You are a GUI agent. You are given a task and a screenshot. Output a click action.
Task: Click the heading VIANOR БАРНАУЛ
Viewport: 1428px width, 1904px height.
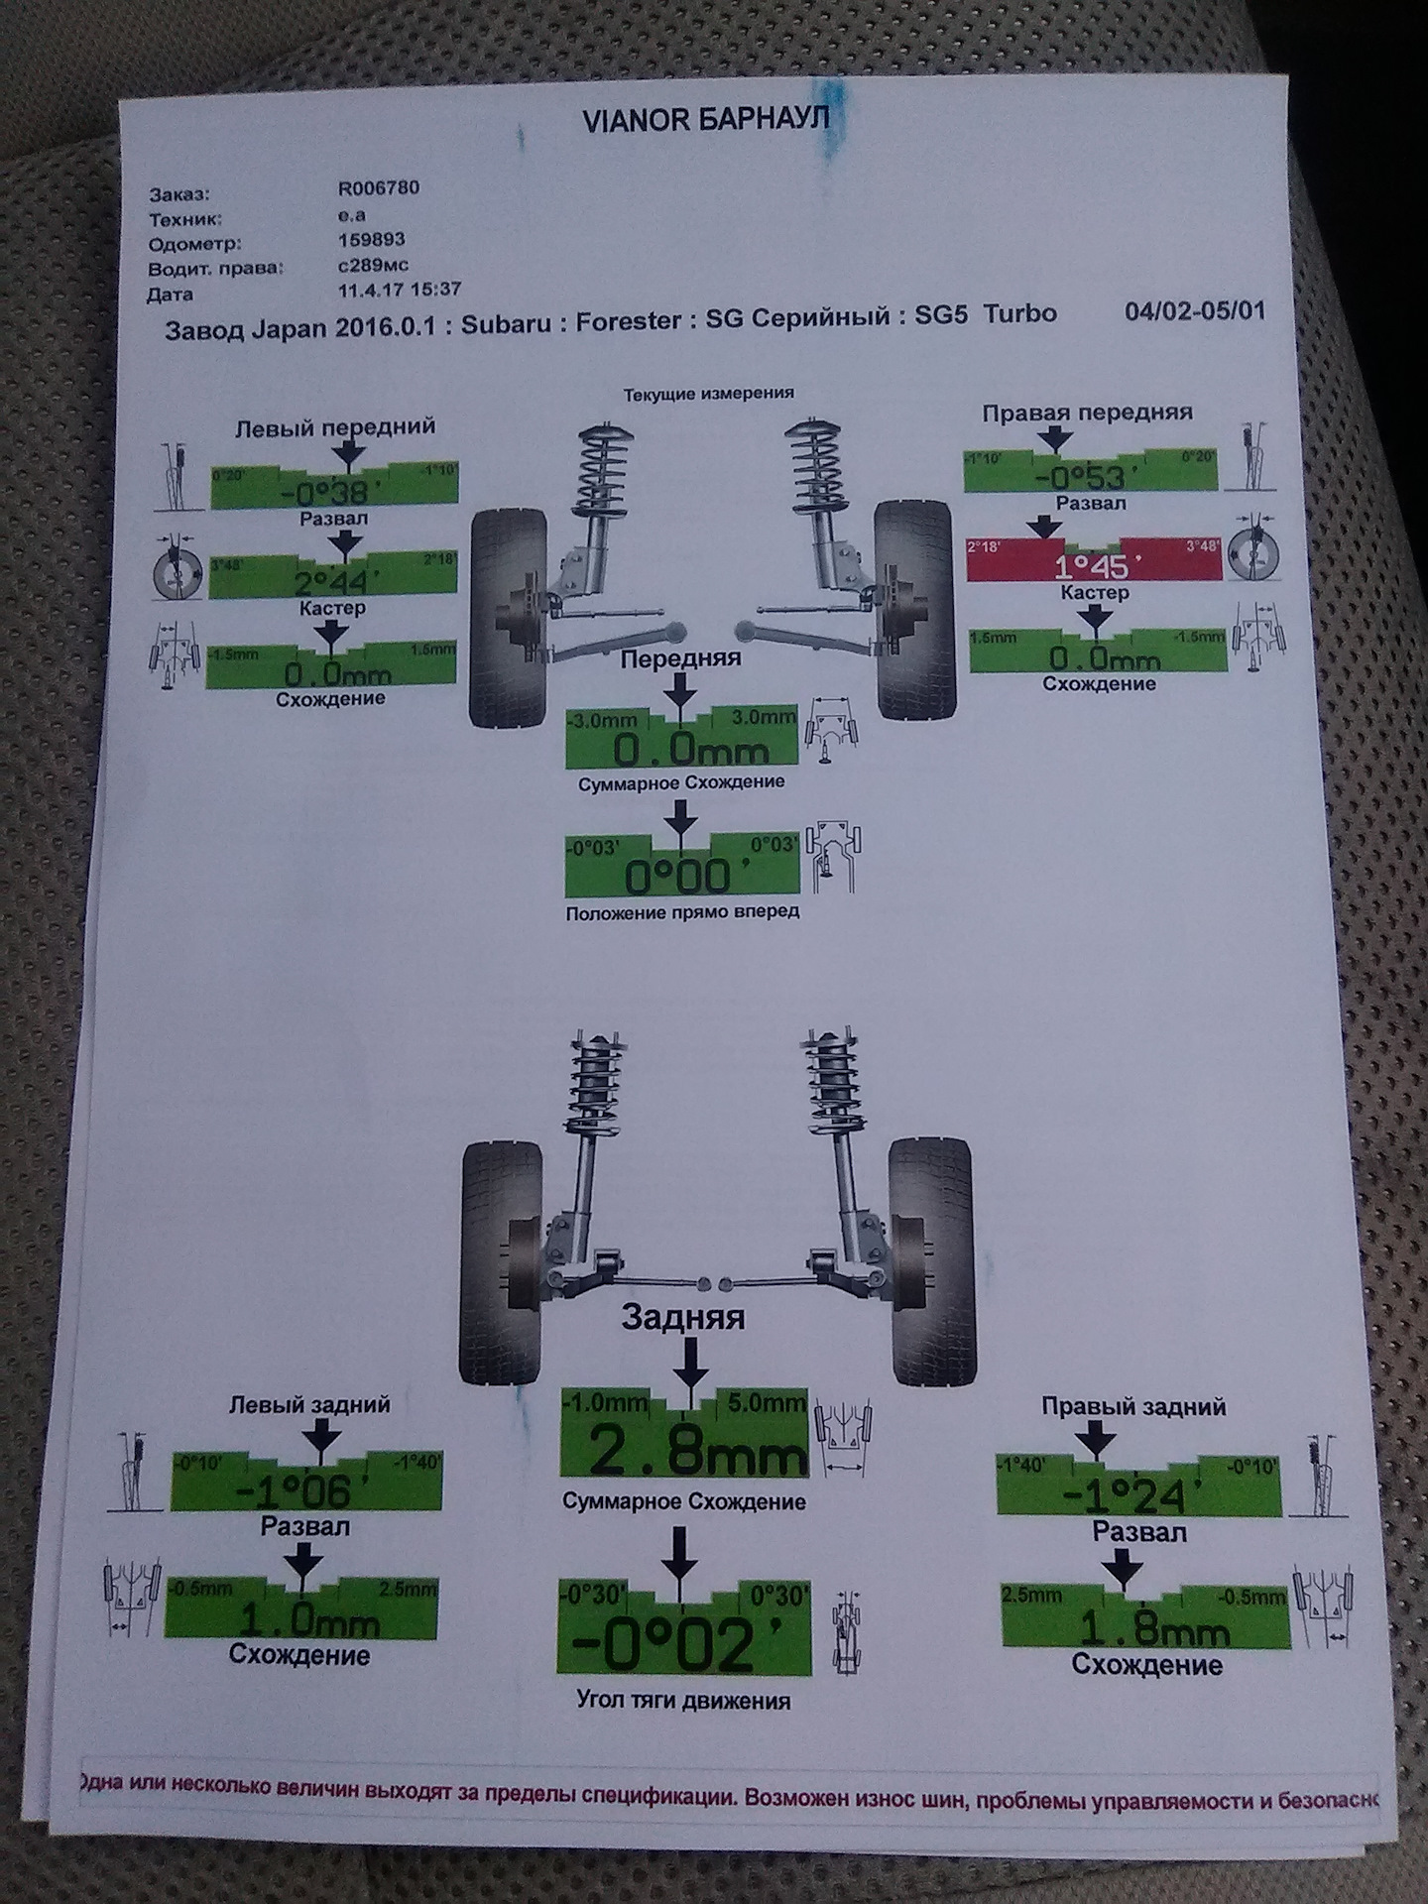click(705, 120)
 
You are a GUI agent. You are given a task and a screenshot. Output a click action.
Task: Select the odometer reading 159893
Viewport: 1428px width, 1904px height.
click(371, 240)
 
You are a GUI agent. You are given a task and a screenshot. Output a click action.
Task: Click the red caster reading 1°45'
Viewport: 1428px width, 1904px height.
click(1091, 566)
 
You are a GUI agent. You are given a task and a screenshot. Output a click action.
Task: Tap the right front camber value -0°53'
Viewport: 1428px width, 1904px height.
click(1080, 478)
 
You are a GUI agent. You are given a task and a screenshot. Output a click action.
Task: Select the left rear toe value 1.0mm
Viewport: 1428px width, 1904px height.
click(308, 1620)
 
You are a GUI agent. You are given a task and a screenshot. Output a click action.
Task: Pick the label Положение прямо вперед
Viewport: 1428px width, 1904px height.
click(682, 911)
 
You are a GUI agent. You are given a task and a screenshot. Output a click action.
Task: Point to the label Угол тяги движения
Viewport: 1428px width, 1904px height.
click(683, 1702)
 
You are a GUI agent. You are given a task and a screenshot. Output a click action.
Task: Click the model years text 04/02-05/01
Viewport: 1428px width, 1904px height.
click(1194, 310)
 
